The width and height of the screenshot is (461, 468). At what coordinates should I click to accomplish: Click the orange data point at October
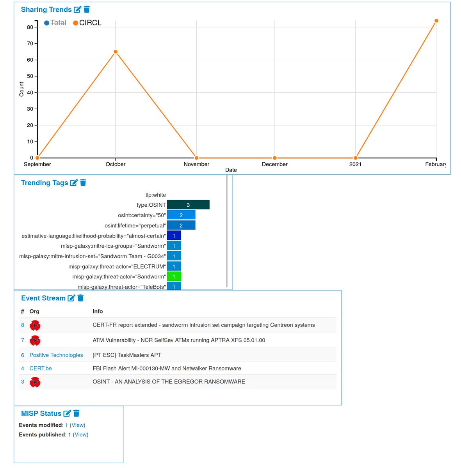coord(116,52)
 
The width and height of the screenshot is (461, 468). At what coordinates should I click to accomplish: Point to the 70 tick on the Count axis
coord(30,44)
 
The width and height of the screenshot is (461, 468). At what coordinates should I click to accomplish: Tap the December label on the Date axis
coord(274,164)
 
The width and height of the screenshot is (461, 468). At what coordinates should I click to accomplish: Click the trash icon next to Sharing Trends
coord(87,9)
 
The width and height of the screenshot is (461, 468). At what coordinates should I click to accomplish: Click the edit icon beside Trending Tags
coord(74,183)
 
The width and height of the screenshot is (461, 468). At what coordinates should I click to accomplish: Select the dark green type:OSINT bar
coord(188,205)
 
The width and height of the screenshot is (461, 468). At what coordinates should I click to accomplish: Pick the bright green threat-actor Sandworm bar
coord(174,277)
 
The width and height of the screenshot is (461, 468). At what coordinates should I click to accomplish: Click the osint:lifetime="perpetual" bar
coord(181,225)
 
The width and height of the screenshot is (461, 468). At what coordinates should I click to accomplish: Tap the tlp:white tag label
coord(155,195)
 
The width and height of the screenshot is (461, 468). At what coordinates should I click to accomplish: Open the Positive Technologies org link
coord(56,355)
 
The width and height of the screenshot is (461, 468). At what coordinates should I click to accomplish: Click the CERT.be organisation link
coord(41,368)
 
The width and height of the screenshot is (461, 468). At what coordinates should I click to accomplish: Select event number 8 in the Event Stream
coord(23,325)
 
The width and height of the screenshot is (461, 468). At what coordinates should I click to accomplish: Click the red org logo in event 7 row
coord(35,340)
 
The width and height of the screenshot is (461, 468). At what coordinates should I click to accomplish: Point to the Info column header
coord(98,311)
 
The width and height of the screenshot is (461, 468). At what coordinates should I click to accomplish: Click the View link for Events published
coord(81,434)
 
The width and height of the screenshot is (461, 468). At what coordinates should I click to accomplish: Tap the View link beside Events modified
coord(78,425)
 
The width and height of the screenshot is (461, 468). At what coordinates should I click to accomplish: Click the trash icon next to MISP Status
coord(77,413)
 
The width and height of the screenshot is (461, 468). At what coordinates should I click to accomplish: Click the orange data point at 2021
coord(355,158)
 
